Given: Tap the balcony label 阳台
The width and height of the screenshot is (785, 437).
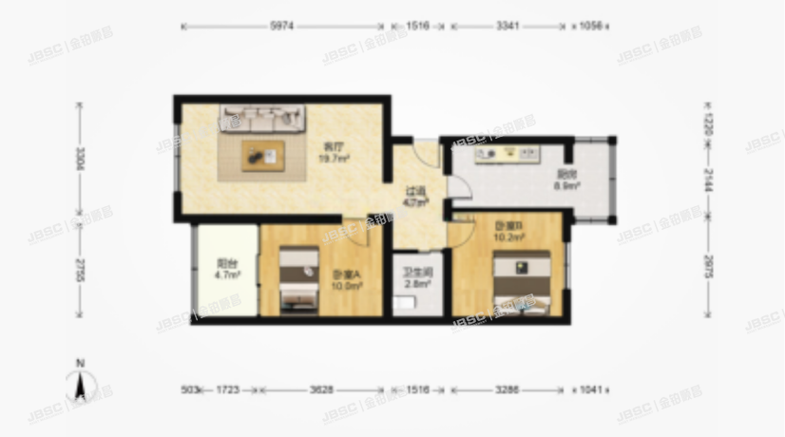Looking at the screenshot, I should point(226,265).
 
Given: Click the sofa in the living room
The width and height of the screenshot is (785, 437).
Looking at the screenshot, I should point(263,119).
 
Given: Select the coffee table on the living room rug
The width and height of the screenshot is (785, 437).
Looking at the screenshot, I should point(260,154).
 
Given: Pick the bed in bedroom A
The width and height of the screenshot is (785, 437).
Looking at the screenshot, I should point(297,279).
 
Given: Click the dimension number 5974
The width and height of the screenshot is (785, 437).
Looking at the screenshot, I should point(282,26).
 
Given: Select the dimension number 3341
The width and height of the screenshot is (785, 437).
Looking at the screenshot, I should point(507,26).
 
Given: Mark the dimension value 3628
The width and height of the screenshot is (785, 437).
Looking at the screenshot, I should point(319,389).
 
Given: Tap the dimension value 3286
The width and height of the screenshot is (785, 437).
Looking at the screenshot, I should point(506,389).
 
